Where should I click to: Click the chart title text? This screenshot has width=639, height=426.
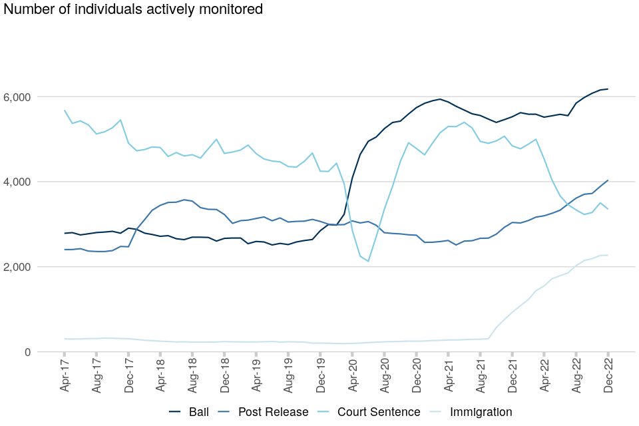click(x=133, y=9)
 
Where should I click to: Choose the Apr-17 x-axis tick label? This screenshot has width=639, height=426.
click(x=65, y=376)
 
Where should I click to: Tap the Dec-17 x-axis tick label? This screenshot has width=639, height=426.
click(x=129, y=376)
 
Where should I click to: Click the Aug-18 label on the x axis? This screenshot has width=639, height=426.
click(x=193, y=376)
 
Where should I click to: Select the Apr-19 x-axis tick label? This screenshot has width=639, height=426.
click(x=257, y=376)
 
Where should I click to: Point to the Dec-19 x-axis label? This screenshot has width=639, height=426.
click(x=321, y=376)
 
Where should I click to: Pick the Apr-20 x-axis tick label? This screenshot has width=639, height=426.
click(x=353, y=376)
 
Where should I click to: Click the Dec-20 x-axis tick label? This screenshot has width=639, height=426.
click(x=417, y=376)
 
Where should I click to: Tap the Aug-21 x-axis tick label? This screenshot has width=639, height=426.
click(x=481, y=376)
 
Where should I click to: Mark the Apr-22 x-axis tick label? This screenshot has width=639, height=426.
click(x=545, y=376)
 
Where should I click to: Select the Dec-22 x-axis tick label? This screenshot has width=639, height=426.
click(x=609, y=376)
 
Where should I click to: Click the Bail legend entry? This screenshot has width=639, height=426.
click(x=198, y=412)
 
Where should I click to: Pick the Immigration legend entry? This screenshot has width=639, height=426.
click(x=481, y=412)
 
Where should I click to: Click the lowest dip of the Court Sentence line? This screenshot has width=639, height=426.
click(x=368, y=261)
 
